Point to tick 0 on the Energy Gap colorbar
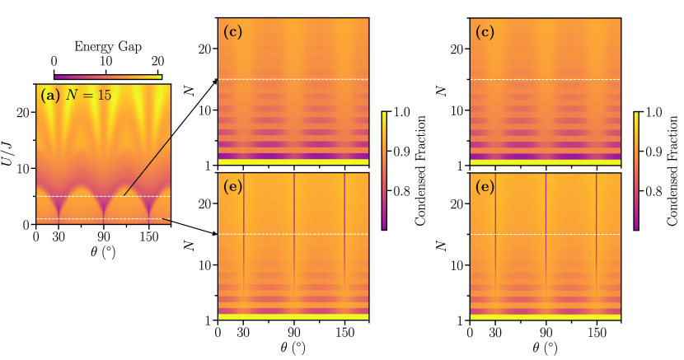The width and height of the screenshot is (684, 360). click(54, 62)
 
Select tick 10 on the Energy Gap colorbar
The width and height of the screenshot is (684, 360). click(106, 62)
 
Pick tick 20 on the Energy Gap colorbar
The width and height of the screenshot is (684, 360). click(157, 62)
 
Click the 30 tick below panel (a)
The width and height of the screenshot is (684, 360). click(59, 237)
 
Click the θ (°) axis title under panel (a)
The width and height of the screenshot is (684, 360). click(105, 251)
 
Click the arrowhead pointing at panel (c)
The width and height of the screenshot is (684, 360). click(216, 80)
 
